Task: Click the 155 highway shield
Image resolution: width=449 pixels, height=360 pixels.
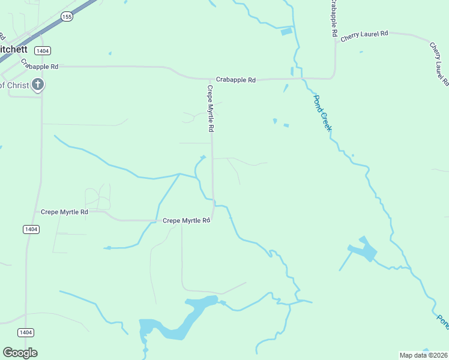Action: [x=67, y=17]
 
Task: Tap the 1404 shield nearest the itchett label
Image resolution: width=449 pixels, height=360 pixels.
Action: [x=41, y=50]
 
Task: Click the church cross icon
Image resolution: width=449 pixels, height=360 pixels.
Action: [x=37, y=85]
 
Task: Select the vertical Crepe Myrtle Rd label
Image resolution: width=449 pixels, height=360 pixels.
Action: [x=211, y=109]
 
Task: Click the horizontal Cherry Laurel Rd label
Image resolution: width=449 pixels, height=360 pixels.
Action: [x=364, y=36]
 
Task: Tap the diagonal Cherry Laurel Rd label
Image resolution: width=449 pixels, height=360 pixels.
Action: [x=439, y=64]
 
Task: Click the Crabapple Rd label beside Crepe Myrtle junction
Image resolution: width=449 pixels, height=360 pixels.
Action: [x=236, y=80]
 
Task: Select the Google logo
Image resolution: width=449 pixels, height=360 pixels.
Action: [x=20, y=352]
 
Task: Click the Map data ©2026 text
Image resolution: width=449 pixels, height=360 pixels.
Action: [x=424, y=355]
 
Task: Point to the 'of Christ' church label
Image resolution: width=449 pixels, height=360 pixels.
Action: [x=14, y=85]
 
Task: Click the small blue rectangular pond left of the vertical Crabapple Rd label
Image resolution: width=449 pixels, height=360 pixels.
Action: [x=286, y=32]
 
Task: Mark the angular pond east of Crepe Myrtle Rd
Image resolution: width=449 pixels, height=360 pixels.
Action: [x=363, y=250]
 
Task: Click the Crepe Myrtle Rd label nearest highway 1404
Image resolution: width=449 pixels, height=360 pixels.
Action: [x=64, y=212]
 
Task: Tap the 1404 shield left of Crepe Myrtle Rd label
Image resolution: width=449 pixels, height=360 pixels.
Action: [x=31, y=229]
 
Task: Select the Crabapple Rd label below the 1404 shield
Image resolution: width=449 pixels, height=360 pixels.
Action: [x=40, y=66]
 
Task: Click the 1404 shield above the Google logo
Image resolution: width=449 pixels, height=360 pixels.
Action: [x=25, y=332]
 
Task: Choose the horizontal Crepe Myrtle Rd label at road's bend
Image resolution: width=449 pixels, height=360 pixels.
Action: [x=186, y=221]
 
